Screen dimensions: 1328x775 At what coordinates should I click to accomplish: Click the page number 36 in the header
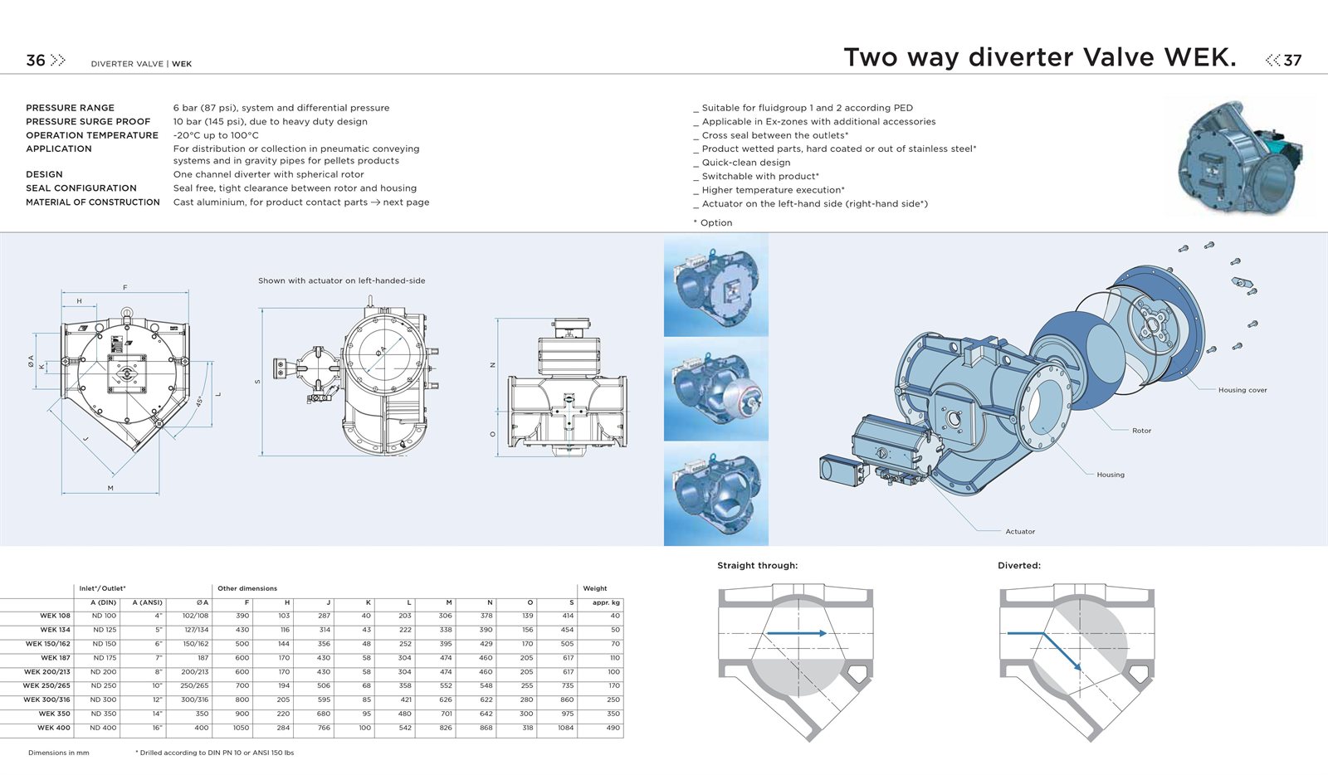36,61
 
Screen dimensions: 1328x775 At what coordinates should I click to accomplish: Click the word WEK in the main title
1200,57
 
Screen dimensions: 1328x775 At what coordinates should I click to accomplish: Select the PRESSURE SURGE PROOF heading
88,121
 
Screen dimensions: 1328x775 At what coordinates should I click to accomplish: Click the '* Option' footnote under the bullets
713,222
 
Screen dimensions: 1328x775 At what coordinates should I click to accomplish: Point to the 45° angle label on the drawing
200,401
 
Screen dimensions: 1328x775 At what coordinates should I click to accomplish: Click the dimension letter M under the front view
110,488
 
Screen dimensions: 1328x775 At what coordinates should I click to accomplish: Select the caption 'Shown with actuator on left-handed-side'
341,280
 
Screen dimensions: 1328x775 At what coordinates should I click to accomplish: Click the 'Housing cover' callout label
1243,390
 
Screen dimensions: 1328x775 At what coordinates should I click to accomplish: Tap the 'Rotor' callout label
1141,431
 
